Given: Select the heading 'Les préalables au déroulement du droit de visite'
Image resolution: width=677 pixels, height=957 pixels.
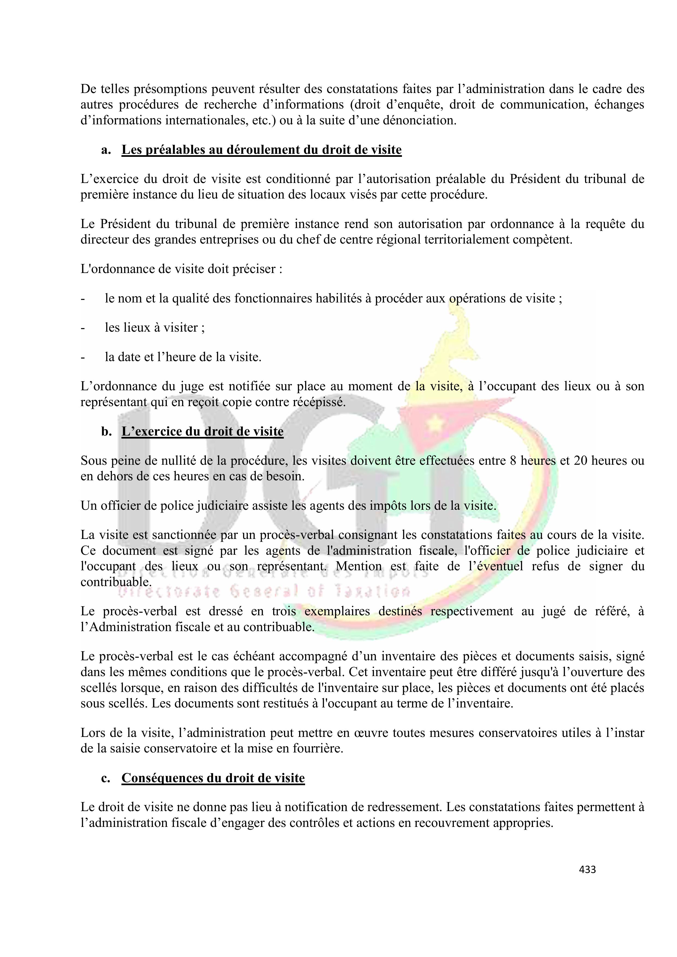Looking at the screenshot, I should (x=261, y=150).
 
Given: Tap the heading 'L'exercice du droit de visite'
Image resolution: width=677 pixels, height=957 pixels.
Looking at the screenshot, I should (x=202, y=431).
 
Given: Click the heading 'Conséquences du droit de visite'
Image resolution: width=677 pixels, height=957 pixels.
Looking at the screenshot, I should (x=213, y=778).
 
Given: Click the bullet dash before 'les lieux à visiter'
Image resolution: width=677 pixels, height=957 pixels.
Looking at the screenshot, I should (x=83, y=328).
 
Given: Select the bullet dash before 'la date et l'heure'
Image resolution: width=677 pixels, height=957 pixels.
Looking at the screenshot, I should (x=83, y=357).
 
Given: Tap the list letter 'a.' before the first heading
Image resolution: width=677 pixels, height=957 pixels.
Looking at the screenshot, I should (x=106, y=150).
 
